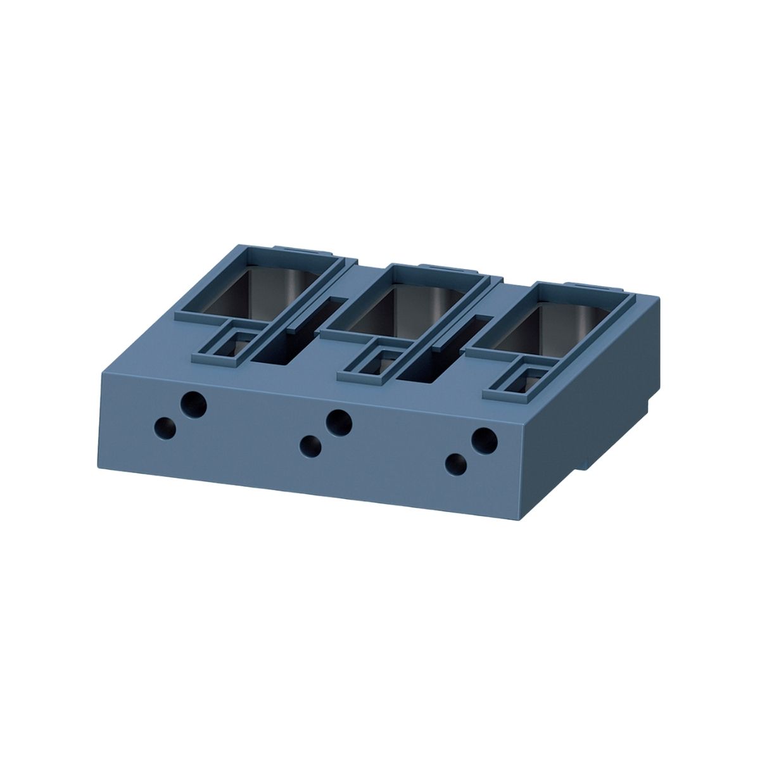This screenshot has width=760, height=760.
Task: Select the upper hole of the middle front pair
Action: [x=339, y=420]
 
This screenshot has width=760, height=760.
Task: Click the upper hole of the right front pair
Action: [x=484, y=439]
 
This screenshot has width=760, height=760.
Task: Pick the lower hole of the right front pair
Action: [x=456, y=464]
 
